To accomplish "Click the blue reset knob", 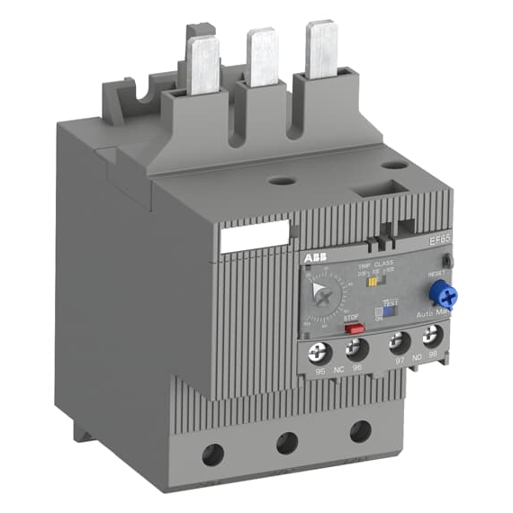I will (x=441, y=292).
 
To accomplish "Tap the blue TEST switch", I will (x=390, y=306).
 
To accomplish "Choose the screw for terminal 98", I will (x=435, y=338).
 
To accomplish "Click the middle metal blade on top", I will (x=263, y=57).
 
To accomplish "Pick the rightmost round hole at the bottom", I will (x=361, y=429).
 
